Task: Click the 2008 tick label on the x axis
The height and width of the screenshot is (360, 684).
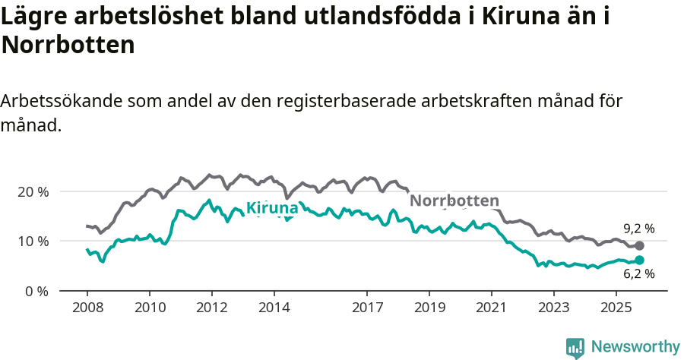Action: click(87, 308)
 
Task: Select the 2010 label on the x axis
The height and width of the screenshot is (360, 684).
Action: click(149, 308)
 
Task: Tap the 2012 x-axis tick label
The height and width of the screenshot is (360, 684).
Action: click(211, 308)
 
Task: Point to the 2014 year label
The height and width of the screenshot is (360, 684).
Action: click(274, 308)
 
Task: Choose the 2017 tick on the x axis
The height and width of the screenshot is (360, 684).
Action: click(367, 308)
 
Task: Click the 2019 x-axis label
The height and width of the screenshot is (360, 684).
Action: click(429, 308)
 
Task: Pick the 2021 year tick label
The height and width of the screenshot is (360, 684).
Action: click(491, 308)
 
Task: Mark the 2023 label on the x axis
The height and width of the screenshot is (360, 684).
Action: click(553, 308)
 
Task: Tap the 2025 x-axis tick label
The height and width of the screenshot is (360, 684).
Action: click(616, 308)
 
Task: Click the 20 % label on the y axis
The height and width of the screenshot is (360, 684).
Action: click(33, 191)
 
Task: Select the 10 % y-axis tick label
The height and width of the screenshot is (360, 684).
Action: click(33, 242)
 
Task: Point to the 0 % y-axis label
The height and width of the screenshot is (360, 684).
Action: click(36, 291)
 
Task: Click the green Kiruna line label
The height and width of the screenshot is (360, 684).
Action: click(272, 208)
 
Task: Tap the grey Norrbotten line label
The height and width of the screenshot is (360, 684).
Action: click(454, 201)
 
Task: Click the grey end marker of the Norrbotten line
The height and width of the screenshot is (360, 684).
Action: click(639, 245)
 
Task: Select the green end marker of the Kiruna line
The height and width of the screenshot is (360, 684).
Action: click(639, 261)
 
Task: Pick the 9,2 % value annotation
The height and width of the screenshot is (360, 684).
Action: click(638, 229)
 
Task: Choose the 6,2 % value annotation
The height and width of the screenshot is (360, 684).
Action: click(638, 275)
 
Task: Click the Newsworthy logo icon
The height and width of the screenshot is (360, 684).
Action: click(575, 347)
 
